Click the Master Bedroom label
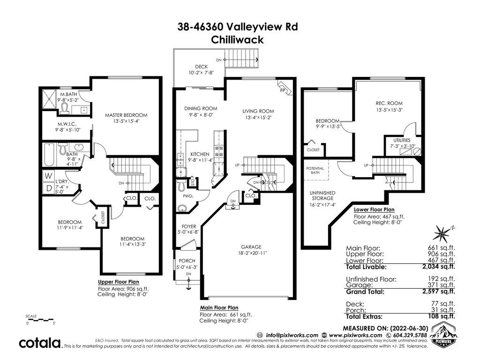[126, 115]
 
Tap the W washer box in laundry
[48, 176]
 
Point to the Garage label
[251, 247]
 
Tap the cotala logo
[40, 343]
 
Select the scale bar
[40, 320]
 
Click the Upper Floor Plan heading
[119, 282]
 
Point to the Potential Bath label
[315, 171]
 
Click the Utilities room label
[402, 140]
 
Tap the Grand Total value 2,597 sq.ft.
[438, 292]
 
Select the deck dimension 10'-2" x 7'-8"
[201, 73]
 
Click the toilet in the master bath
[65, 108]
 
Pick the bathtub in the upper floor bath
[49, 155]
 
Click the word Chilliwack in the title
[237, 40]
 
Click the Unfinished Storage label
[322, 195]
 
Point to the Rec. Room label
[389, 103]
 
